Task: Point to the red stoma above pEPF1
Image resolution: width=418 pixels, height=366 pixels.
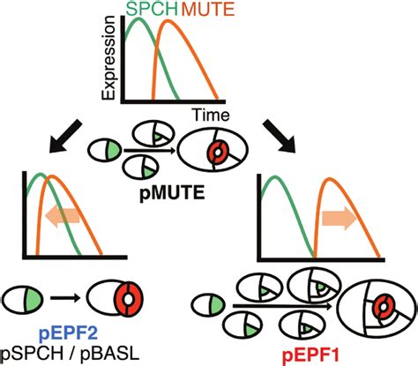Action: click(x=383, y=310)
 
